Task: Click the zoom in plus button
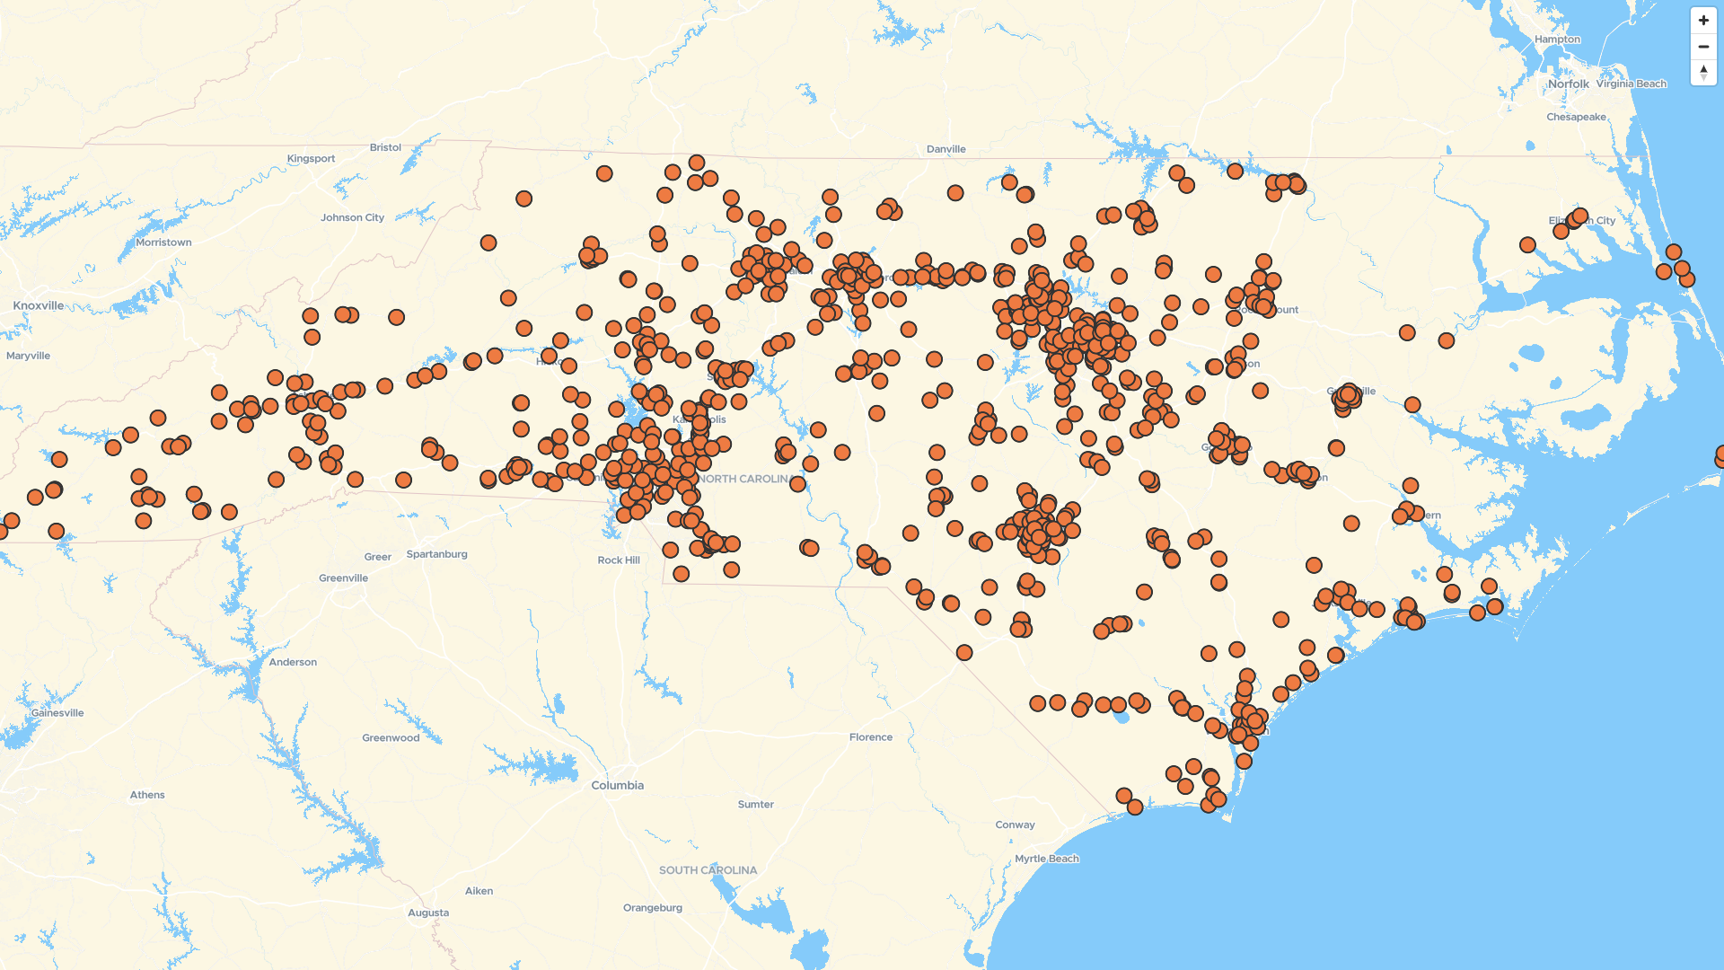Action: point(1703,21)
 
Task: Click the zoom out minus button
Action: point(1703,47)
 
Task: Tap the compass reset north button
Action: point(1703,72)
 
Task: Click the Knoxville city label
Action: point(39,305)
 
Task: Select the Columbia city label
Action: point(617,785)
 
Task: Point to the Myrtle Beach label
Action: point(1047,859)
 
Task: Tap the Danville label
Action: point(946,149)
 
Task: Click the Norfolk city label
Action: point(1568,84)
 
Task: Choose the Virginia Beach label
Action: point(1631,84)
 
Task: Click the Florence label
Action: point(870,737)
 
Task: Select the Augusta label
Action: point(428,913)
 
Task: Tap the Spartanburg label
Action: point(436,554)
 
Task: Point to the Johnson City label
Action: point(352,217)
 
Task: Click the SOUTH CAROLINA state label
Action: point(708,870)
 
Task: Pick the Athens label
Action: point(147,795)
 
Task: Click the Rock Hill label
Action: point(619,560)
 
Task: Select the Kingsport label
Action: point(311,159)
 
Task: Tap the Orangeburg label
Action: point(653,908)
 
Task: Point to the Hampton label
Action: point(1557,40)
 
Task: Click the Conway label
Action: point(1015,824)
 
